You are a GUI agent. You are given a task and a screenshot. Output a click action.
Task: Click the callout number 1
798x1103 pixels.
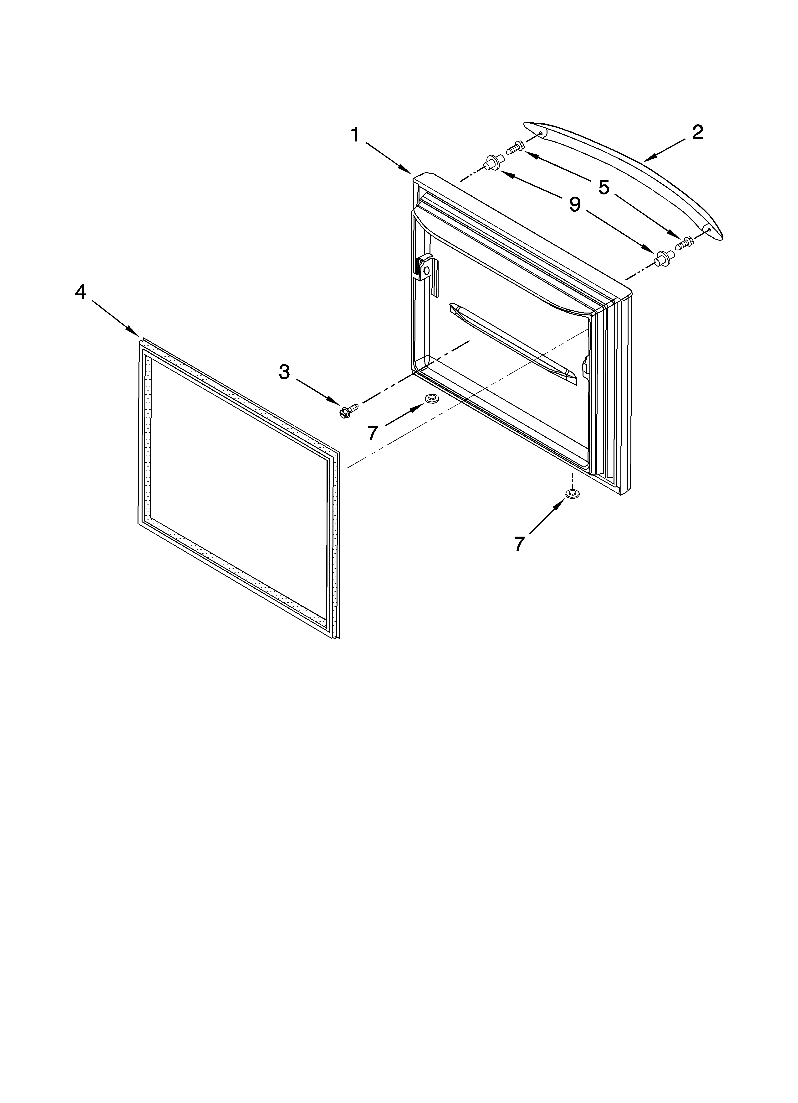tap(355, 135)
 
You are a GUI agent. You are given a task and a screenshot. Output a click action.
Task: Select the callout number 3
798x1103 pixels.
tap(284, 372)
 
